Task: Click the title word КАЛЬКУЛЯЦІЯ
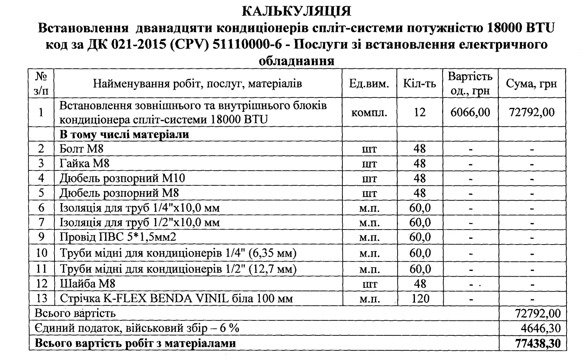[297, 12]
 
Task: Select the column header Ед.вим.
[369, 84]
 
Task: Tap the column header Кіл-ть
[420, 84]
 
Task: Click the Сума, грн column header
[531, 84]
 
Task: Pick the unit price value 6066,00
[470, 112]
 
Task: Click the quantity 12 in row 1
[420, 112]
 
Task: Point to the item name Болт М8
[81, 149]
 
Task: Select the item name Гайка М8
[84, 163]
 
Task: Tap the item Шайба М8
[87, 284]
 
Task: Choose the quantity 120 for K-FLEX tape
[420, 299]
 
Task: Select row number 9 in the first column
[41, 238]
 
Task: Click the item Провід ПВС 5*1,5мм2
[118, 238]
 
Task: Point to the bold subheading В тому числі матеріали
[124, 135]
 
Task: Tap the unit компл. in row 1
[369, 113]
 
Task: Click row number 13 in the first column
[41, 299]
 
